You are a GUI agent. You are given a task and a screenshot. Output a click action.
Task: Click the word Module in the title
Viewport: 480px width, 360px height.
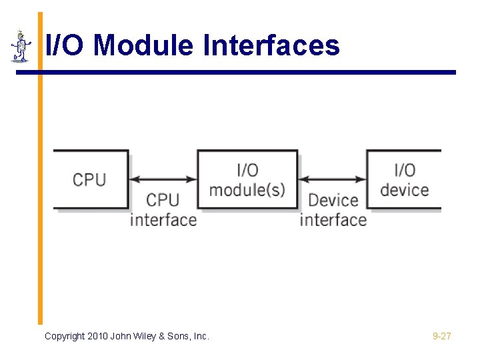(143, 46)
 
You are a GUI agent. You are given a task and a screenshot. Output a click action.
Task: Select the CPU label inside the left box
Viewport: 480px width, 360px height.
(89, 179)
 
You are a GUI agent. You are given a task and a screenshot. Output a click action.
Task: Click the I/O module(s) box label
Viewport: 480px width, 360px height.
(247, 180)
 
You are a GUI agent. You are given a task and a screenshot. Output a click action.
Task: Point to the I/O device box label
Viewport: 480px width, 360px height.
(404, 180)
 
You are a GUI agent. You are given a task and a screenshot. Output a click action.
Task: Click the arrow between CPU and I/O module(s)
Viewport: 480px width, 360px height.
(163, 179)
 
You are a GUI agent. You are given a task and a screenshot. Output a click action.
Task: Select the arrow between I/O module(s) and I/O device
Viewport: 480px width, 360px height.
(332, 179)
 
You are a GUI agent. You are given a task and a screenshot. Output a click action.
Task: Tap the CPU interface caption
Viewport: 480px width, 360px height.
(163, 209)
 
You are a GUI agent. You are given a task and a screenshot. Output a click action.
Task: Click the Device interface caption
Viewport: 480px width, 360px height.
(333, 209)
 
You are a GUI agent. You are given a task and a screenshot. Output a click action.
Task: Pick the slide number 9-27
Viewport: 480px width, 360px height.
(441, 336)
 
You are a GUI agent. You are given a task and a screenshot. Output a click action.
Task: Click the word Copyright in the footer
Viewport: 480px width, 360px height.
(65, 336)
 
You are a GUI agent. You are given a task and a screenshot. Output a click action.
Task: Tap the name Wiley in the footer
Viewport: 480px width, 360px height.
(147, 336)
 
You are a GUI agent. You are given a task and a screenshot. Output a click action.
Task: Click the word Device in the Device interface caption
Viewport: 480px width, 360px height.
(333, 200)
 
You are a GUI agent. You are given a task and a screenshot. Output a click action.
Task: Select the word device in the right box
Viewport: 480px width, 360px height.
(404, 189)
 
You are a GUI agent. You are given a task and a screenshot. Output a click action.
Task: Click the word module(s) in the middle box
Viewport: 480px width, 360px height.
(247, 189)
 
